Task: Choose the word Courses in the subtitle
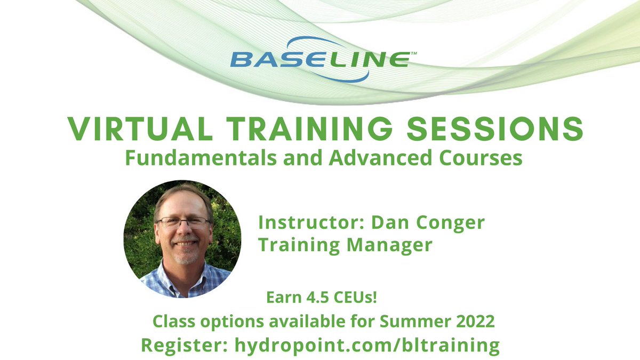(477, 158)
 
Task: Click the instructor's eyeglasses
(182, 223)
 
